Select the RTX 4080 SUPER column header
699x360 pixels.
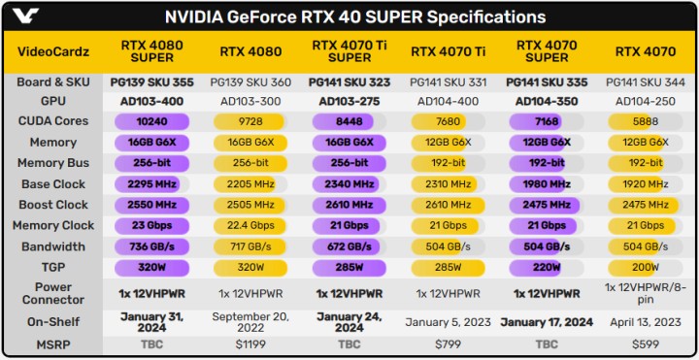148,52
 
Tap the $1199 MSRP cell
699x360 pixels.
248,344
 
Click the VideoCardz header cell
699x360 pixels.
53,52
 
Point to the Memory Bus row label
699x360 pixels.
53,163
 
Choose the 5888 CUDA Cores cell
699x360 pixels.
646,121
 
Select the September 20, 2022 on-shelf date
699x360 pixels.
248,321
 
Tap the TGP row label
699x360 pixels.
53,268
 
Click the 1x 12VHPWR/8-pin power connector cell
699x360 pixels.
646,294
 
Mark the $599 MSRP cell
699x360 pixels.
646,344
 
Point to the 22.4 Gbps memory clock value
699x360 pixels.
248,226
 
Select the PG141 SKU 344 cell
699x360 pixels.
646,82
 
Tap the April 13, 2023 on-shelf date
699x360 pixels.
646,321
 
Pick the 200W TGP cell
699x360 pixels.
646,268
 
